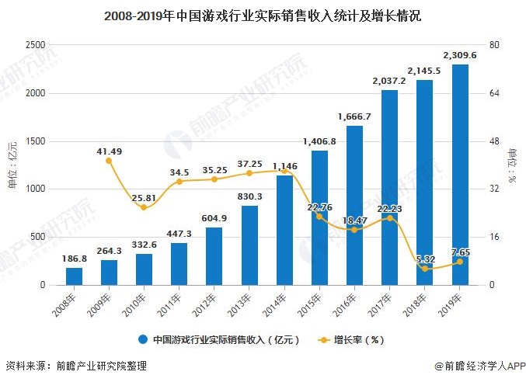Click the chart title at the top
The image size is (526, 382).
pyautogui.click(x=263, y=16)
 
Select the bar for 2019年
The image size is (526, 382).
pyautogui.click(x=460, y=175)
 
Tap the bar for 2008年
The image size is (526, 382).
pyautogui.click(x=74, y=276)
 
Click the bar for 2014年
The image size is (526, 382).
pyautogui.click(x=284, y=230)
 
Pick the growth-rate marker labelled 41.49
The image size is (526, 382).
pyautogui.click(x=109, y=161)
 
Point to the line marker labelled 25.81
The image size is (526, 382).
pyautogui.click(x=144, y=207)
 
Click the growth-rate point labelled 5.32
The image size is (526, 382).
pyautogui.click(x=425, y=269)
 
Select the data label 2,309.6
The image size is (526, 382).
pyautogui.click(x=460, y=55)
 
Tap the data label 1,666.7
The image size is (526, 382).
pyautogui.click(x=354, y=116)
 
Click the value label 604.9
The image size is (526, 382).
pyautogui.click(x=214, y=218)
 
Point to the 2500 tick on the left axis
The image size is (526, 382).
pyautogui.click(x=36, y=45)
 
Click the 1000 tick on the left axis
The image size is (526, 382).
pyautogui.click(x=36, y=189)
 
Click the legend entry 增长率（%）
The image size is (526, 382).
pyautogui.click(x=351, y=339)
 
